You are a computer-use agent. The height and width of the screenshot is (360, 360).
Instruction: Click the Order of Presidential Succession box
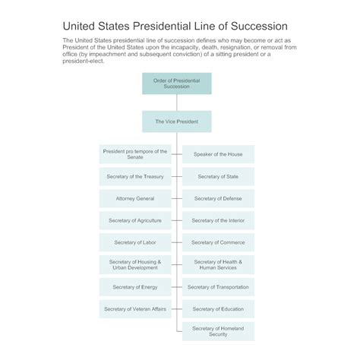(177, 84)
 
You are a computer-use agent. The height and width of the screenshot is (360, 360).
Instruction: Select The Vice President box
(177, 122)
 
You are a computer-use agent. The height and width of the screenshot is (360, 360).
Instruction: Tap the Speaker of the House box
(218, 154)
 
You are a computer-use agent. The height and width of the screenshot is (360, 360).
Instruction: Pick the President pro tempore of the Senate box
(135, 154)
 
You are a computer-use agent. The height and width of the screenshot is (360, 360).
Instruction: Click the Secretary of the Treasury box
(135, 176)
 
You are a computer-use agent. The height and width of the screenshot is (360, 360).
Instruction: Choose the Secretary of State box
(218, 176)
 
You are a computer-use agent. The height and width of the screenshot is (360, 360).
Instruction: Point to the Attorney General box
(135, 198)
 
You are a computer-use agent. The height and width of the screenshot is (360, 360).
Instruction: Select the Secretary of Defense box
(218, 198)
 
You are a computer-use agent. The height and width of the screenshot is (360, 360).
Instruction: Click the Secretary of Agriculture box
(135, 220)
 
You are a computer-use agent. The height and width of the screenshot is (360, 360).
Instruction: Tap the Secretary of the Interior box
(218, 220)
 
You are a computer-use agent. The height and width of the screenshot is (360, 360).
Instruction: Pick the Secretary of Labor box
(135, 242)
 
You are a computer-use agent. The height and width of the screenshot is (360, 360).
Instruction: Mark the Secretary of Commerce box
(218, 242)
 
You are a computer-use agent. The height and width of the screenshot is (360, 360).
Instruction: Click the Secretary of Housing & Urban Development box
(135, 265)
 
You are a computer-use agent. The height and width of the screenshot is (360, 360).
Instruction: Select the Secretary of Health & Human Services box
(218, 265)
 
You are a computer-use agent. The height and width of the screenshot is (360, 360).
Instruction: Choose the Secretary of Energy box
(135, 287)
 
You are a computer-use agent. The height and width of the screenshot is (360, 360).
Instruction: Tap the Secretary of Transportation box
(218, 287)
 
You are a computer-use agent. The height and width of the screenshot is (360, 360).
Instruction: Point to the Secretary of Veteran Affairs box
(135, 309)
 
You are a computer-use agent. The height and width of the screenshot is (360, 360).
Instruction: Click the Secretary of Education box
(218, 309)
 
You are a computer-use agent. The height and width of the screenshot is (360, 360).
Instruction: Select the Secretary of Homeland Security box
(218, 331)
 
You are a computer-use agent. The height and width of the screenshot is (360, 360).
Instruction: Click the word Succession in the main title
(259, 26)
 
